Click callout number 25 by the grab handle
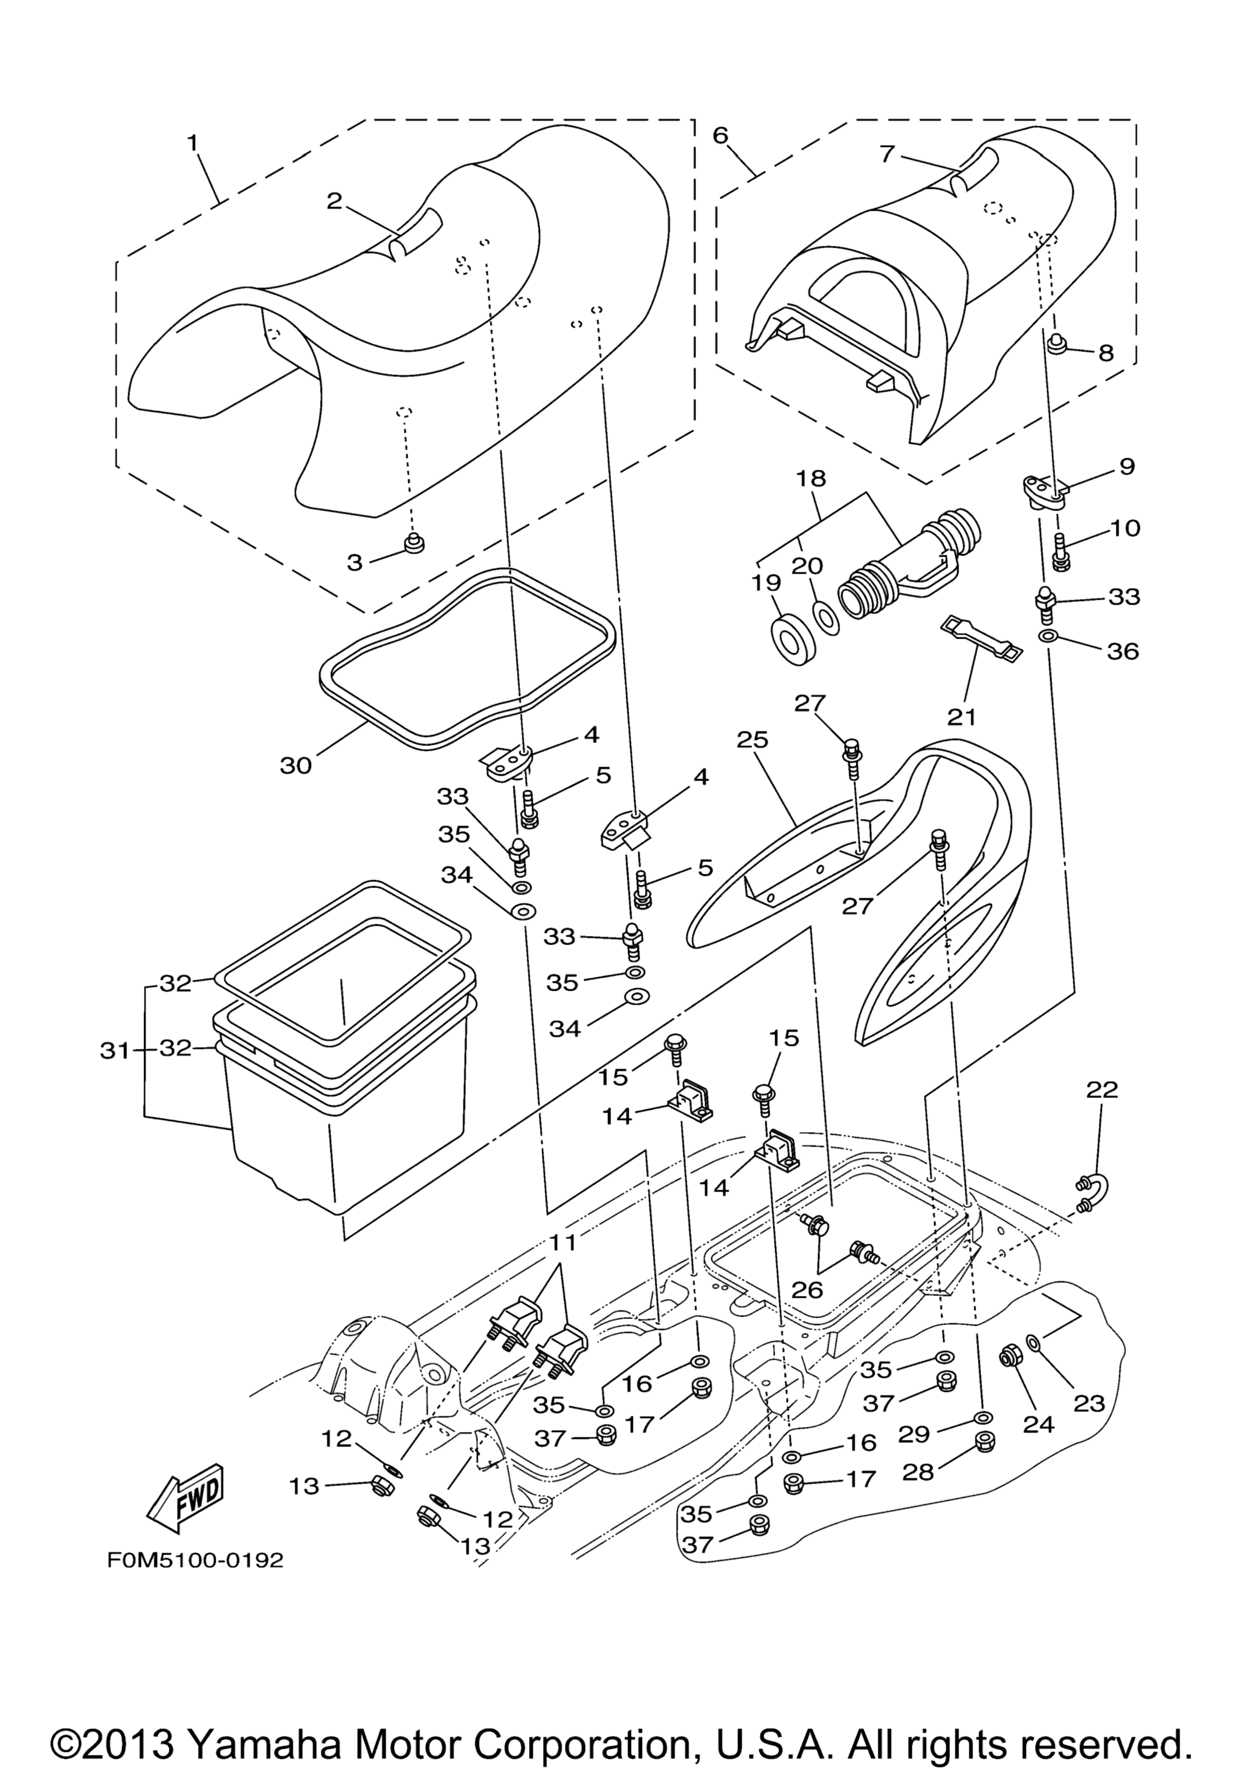(x=753, y=740)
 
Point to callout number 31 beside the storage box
(x=115, y=1051)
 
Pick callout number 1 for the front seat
(x=192, y=143)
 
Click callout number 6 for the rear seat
(x=720, y=136)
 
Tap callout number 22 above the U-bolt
(x=1102, y=1090)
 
